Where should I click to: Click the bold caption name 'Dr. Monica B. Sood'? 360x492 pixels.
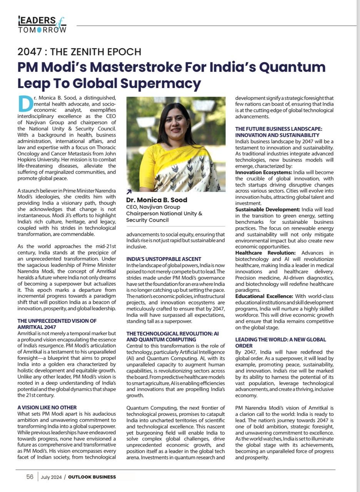point(157,200)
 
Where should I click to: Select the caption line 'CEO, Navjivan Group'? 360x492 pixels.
point(153,207)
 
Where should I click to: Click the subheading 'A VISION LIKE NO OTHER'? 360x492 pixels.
point(47,407)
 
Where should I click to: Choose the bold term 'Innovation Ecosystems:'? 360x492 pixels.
point(264,173)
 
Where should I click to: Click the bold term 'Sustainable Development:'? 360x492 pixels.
point(268,209)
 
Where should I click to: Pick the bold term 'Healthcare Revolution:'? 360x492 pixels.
point(265,253)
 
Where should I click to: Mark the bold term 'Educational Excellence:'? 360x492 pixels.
point(264,296)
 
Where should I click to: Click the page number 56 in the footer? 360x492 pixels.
point(30,477)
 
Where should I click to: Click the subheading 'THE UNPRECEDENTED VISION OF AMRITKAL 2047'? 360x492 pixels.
point(57,324)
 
